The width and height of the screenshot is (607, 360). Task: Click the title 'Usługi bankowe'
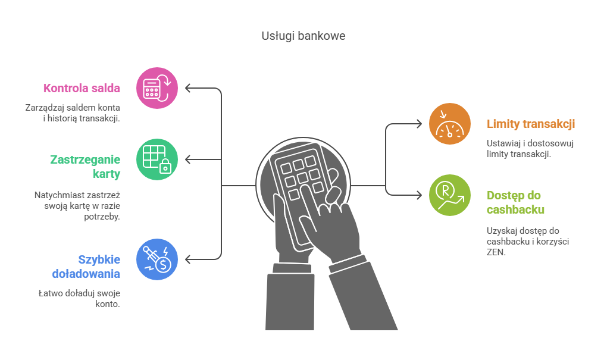pyautogui.click(x=303, y=36)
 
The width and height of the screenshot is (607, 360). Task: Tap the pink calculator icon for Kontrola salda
pyautogui.click(x=157, y=88)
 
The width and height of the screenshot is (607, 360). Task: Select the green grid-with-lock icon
pyautogui.click(x=157, y=159)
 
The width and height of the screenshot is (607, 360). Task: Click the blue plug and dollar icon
pyautogui.click(x=157, y=259)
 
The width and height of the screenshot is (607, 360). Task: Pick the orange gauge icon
pyautogui.click(x=449, y=124)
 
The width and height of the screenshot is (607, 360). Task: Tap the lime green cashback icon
pyautogui.click(x=449, y=195)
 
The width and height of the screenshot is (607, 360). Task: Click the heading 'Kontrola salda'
pyautogui.click(x=82, y=89)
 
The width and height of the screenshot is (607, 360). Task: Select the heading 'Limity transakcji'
pyautogui.click(x=530, y=124)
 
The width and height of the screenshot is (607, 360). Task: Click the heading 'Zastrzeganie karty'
pyautogui.click(x=85, y=167)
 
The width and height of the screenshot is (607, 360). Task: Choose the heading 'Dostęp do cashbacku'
pyautogui.click(x=515, y=202)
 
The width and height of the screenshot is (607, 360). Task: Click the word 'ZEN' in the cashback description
pyautogui.click(x=495, y=252)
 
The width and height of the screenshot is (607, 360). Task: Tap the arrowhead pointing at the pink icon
pyautogui.click(x=188, y=88)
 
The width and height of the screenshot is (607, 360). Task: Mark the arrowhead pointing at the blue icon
pyautogui.click(x=188, y=259)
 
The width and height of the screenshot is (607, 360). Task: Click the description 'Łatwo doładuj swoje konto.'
pyautogui.click(x=79, y=298)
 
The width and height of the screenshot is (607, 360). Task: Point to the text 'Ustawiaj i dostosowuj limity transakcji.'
pyautogui.click(x=530, y=148)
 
